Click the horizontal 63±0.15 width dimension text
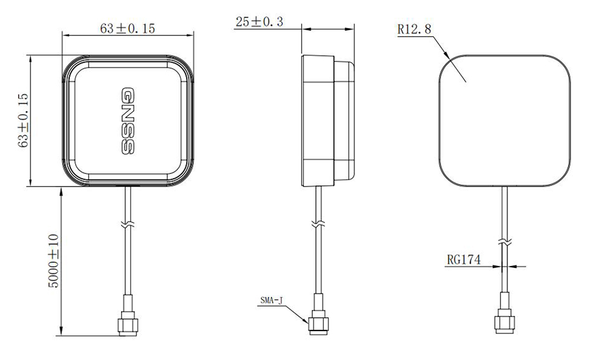tap(129, 28)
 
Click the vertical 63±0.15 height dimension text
tap(24, 120)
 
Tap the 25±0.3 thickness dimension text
tap(259, 22)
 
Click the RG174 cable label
tap(463, 259)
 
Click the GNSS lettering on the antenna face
tap(128, 122)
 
